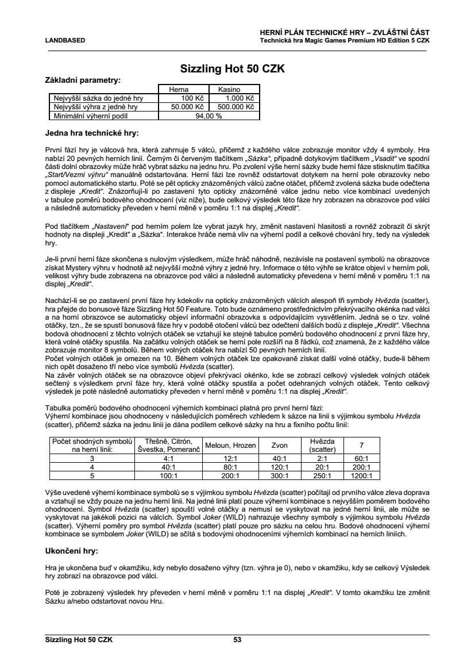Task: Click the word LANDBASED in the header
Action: [65, 40]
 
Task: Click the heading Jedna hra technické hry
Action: [91, 133]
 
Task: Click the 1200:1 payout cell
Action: [361, 475]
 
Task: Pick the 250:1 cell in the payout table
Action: [322, 475]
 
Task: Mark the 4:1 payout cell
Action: [168, 459]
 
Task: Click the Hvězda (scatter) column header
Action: [322, 445]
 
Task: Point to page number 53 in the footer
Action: [237, 639]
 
